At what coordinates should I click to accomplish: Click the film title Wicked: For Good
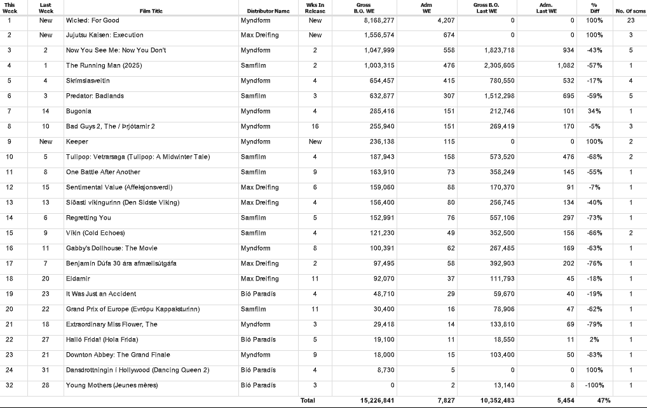[x=92, y=20]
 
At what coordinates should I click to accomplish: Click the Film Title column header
[x=151, y=11]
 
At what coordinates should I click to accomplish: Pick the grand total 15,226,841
[x=377, y=400]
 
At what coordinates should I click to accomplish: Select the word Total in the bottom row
[x=307, y=400]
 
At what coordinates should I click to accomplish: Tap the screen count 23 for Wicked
[x=630, y=20]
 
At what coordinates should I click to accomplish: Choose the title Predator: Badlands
[x=95, y=96]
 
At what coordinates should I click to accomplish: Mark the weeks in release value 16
[x=315, y=126]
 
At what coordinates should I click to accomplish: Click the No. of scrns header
[x=630, y=11]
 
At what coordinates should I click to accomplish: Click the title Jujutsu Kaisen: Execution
[x=104, y=35]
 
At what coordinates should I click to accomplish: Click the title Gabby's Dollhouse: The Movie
[x=111, y=248]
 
